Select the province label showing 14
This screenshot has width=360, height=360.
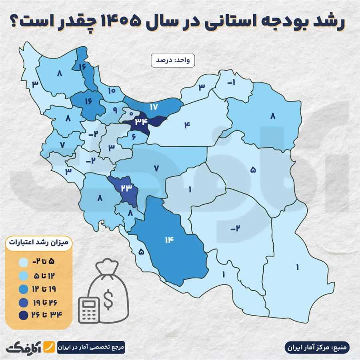click(x=168, y=240)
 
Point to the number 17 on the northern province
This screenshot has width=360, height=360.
click(x=154, y=107)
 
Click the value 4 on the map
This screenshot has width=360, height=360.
click(x=187, y=125)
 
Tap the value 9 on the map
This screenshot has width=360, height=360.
click(x=115, y=109)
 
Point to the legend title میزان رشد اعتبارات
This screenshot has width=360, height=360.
click(x=38, y=242)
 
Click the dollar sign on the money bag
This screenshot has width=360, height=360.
click(x=108, y=298)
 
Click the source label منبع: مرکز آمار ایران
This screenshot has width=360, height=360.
click(x=318, y=346)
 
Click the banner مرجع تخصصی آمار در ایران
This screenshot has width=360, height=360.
click(x=91, y=346)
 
